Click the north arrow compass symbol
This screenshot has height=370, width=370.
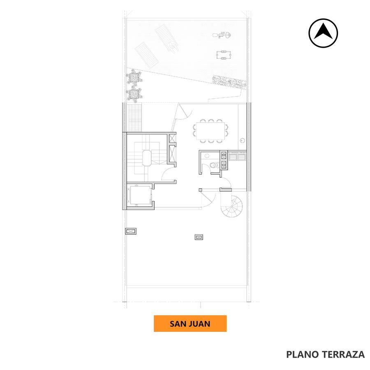(x=323, y=33)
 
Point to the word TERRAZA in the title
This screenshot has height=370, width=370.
(x=343, y=354)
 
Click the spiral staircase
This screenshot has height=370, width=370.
(x=232, y=206)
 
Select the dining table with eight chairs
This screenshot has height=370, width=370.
(x=210, y=131)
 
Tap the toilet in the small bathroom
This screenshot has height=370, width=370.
(x=213, y=165)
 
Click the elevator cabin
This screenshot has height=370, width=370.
(x=139, y=196)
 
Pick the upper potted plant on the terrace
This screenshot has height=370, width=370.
(x=134, y=77)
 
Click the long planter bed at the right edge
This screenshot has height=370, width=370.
(x=229, y=82)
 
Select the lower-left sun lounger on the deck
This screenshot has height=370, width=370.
(x=147, y=55)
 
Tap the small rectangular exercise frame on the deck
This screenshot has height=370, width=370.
(x=224, y=55)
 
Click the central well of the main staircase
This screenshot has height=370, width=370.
(x=146, y=158)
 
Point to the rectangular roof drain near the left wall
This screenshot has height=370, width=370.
(x=131, y=231)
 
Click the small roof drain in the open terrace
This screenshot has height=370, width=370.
(x=199, y=237)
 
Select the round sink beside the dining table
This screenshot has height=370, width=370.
(x=242, y=141)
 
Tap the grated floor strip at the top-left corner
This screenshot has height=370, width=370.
(x=135, y=117)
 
